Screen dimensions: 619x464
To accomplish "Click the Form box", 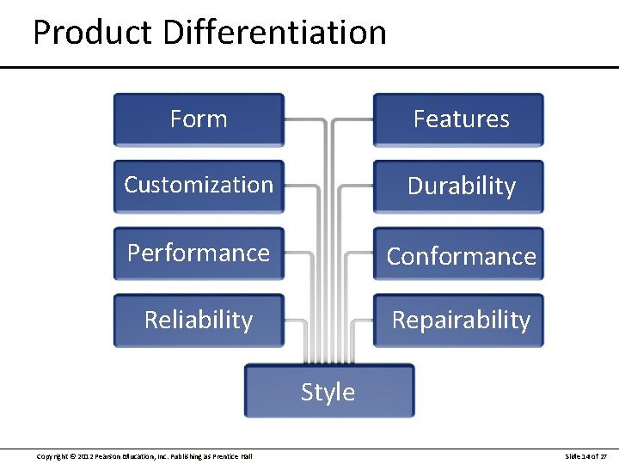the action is click(199, 119).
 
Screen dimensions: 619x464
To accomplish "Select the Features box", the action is click(458, 119).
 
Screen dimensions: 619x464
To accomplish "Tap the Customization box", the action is click(199, 186).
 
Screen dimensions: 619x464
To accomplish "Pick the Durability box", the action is click(458, 186).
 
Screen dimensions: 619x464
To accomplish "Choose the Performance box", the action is click(199, 253).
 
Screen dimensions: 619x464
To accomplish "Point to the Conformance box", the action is click(458, 254).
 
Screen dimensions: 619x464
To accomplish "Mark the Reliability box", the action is click(199, 321).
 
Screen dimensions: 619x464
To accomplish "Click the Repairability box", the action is click(458, 321).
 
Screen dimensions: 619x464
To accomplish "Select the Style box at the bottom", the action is click(328, 392).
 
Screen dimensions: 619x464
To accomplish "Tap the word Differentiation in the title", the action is click(274, 33).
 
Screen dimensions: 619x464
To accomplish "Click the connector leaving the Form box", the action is click(305, 120).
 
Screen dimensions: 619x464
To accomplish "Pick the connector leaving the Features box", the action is click(352, 120).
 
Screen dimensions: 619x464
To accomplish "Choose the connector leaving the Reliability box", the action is click(294, 321).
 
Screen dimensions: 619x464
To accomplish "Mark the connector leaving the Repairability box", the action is click(361, 321).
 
